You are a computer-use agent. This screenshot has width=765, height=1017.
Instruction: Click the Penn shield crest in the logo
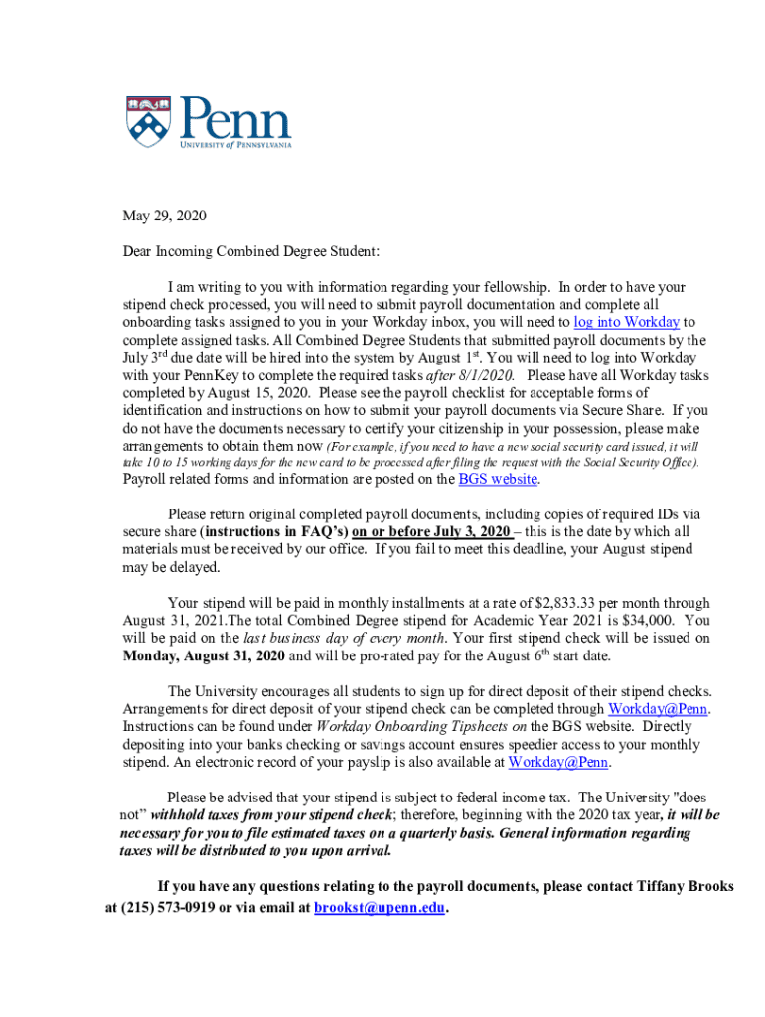[x=148, y=121]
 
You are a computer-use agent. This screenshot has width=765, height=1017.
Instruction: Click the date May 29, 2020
[x=164, y=217]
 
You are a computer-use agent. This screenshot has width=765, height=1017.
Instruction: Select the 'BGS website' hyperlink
[x=498, y=479]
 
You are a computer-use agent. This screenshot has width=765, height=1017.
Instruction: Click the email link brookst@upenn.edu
[x=381, y=907]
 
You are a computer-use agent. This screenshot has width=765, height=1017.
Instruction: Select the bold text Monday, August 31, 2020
[x=204, y=656]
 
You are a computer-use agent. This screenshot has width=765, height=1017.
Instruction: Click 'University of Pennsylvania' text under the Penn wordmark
[x=235, y=144]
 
